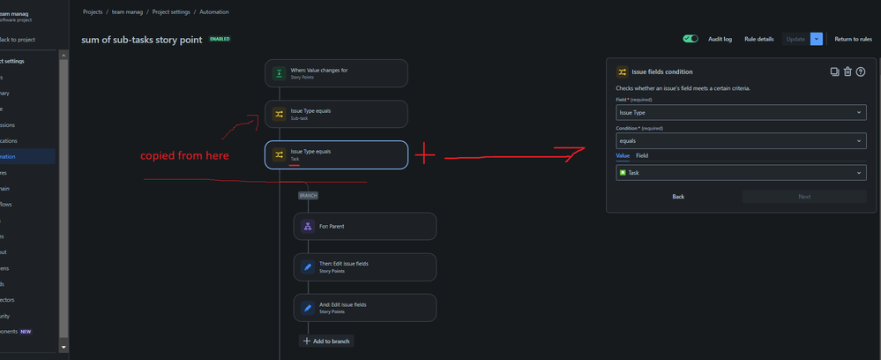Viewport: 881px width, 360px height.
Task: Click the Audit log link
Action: (720, 39)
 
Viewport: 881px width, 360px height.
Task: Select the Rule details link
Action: (758, 39)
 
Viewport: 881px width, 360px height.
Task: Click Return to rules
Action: (853, 39)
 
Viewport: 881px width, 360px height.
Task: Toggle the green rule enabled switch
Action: (691, 39)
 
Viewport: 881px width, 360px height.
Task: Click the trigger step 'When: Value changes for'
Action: (336, 73)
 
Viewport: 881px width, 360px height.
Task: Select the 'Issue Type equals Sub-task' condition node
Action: (336, 114)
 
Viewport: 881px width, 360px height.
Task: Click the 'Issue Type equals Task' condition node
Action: (336, 154)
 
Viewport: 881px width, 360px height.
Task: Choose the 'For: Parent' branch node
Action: (364, 226)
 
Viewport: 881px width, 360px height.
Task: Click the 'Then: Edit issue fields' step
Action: (364, 266)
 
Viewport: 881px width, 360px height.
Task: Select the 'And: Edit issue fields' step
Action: (364, 307)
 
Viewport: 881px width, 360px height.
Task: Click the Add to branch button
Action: (326, 341)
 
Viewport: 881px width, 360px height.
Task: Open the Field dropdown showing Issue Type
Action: (741, 113)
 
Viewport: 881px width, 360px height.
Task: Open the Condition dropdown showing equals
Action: (741, 140)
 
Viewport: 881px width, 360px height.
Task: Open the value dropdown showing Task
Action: (741, 173)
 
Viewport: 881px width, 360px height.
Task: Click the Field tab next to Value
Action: (642, 155)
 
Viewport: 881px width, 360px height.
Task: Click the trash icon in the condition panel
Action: (847, 71)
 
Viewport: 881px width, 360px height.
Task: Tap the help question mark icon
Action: (861, 71)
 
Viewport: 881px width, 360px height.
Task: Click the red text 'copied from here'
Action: (184, 156)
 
